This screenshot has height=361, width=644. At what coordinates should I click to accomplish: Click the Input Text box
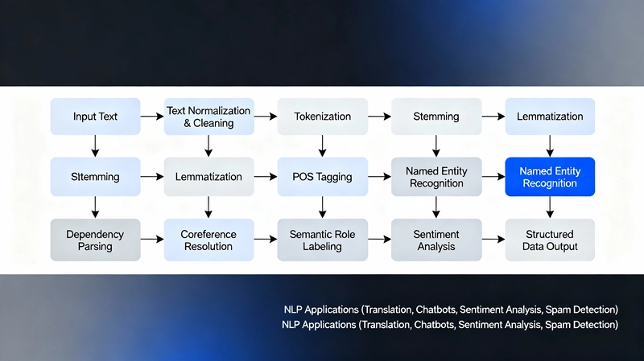[95, 117]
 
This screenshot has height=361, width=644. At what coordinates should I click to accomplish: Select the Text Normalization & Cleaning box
[208, 117]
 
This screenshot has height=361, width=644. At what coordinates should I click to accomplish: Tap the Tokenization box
[322, 117]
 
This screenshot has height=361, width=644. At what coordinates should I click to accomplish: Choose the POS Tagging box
[322, 177]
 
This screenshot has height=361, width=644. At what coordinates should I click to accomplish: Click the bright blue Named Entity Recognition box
[549, 177]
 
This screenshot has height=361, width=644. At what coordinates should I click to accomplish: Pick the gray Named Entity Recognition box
[436, 177]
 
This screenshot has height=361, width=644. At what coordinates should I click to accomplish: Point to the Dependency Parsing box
[95, 240]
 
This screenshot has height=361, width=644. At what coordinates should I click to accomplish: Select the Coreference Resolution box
[208, 240]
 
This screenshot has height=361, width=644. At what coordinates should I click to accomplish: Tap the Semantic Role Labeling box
[322, 240]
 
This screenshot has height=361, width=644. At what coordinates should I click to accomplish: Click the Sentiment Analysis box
[436, 240]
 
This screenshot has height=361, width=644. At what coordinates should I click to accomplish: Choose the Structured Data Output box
[551, 240]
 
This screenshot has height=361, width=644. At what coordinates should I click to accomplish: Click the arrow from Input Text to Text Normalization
[151, 117]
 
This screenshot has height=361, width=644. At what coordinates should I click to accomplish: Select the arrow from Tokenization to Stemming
[379, 117]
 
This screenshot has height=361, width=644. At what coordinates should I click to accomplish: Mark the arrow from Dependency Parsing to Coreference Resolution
[151, 240]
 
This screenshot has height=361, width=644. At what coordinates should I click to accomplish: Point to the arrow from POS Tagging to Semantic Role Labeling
[322, 207]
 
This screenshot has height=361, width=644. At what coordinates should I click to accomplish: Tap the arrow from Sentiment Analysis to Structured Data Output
[493, 240]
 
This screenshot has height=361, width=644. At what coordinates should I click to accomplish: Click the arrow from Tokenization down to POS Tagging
[322, 146]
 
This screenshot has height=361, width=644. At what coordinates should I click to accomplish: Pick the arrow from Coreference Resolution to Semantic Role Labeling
[265, 240]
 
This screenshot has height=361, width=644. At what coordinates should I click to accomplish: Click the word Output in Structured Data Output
[561, 247]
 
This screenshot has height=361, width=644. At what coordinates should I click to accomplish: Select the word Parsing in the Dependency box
[95, 247]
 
